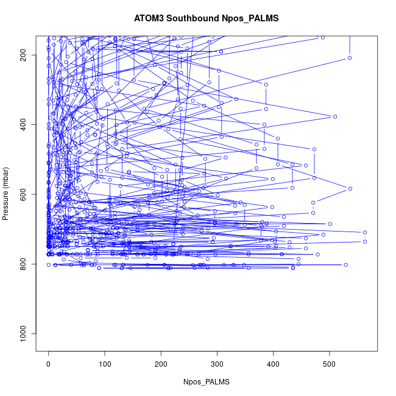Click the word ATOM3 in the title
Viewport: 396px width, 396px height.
pos(149,18)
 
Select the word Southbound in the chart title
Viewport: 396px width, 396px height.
pos(191,18)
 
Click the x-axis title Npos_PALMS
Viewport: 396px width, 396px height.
pos(207,381)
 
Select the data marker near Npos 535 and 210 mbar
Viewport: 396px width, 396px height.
pos(350,58)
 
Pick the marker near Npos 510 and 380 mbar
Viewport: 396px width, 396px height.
pos(335,116)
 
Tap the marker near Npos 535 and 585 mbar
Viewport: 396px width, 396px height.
pos(350,188)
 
